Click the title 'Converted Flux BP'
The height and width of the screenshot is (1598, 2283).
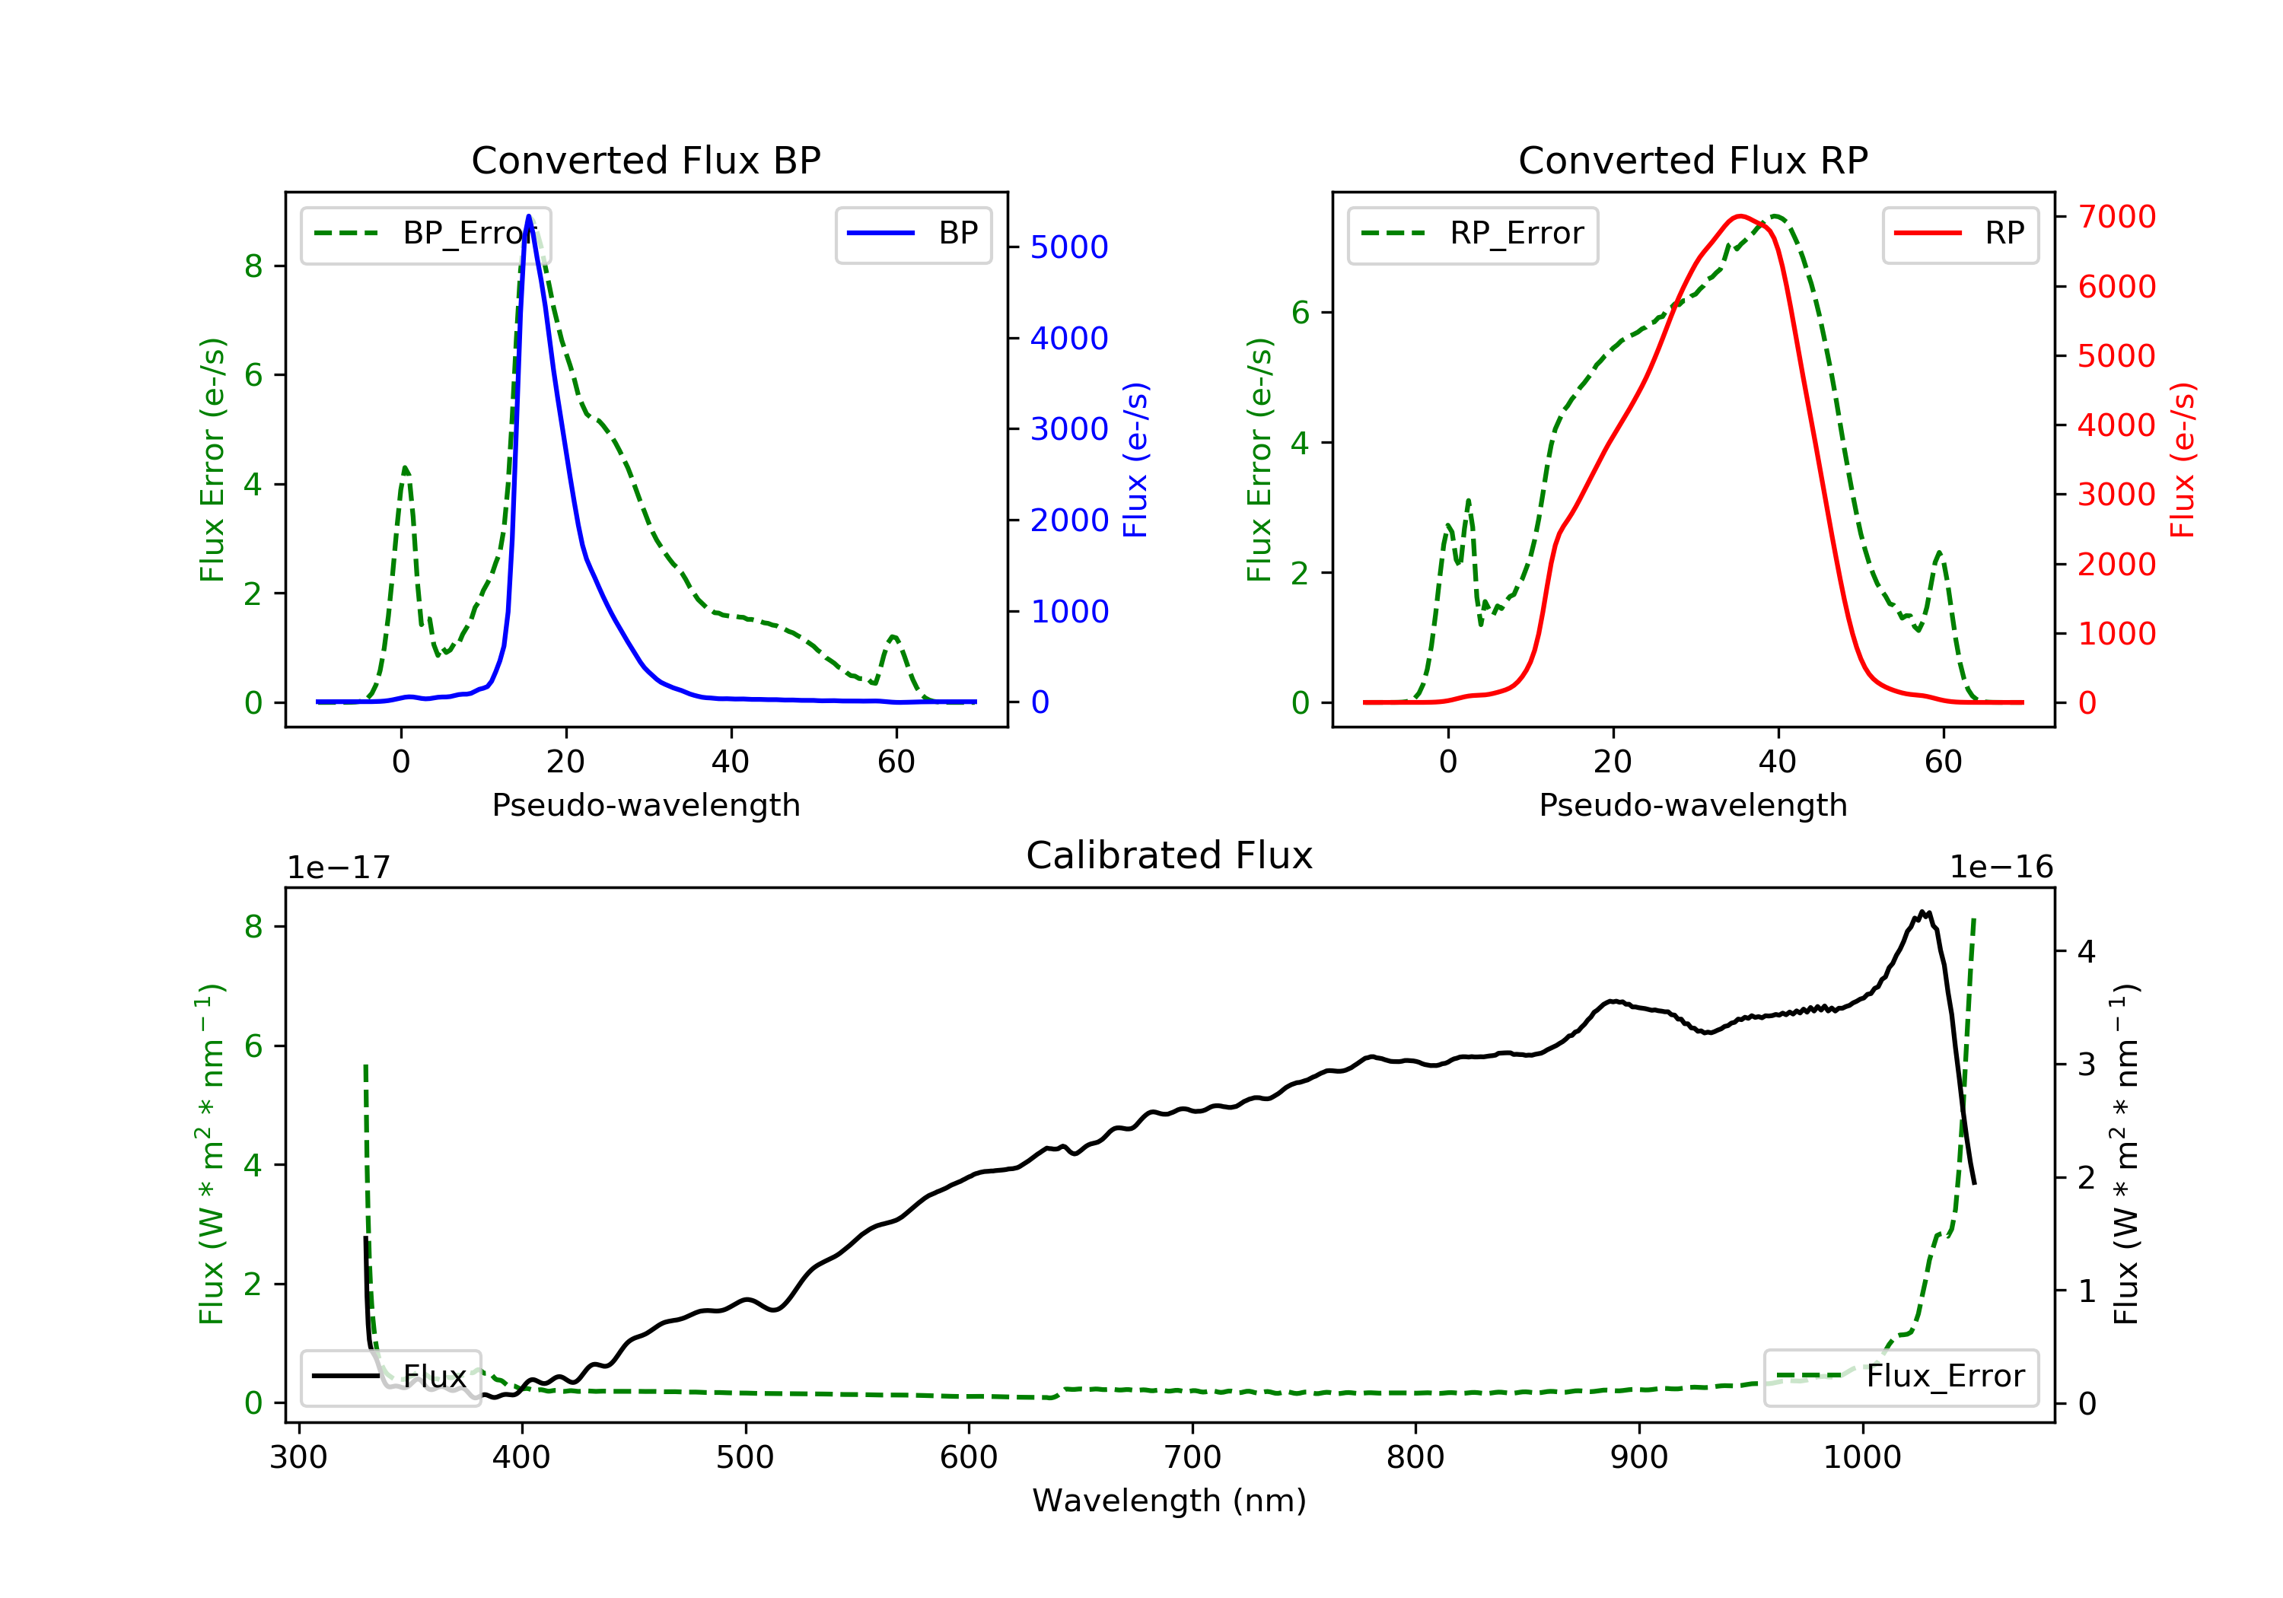pos(646,160)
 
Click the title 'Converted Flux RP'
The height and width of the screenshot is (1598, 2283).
pos(1693,160)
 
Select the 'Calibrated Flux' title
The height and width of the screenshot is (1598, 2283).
pos(1170,855)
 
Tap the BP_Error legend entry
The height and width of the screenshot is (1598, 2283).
pos(425,234)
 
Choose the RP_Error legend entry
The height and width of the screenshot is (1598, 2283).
pos(1473,234)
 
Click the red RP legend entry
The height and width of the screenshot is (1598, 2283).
pos(1960,234)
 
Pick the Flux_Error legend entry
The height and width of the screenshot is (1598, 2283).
pos(1900,1377)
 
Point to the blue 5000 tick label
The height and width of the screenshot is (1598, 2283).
pos(1069,247)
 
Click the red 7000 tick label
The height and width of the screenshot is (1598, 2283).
pos(2117,217)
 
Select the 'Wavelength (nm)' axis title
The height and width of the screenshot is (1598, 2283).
pos(1170,1501)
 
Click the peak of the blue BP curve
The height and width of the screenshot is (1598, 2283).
pos(529,216)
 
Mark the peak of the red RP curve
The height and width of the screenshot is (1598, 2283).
pos(1739,216)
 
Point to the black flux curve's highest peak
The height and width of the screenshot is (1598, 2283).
pos(1923,911)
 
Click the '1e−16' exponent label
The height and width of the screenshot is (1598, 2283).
pos(2001,867)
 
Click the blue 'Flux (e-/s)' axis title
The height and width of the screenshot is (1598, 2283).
pos(1135,460)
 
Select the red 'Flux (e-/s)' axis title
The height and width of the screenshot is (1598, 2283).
pos(2183,460)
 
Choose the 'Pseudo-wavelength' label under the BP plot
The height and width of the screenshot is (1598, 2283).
pos(646,804)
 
